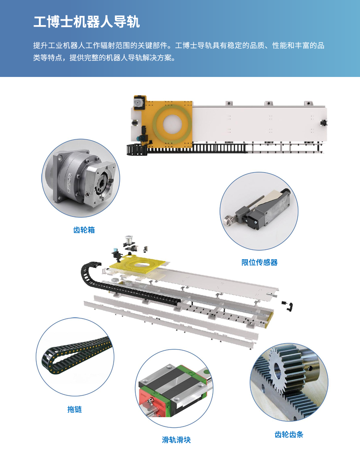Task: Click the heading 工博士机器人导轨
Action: pos(87,22)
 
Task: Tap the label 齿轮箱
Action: pos(84,230)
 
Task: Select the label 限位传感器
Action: pos(260,262)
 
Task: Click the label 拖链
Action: pos(75,409)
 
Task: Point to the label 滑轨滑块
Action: pos(176,439)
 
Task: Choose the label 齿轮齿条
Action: pos(289,435)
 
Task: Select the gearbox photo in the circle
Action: pos(81,178)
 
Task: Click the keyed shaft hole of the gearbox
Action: pos(103,183)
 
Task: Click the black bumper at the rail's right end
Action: pos(324,123)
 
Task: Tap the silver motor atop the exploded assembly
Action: pos(128,239)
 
